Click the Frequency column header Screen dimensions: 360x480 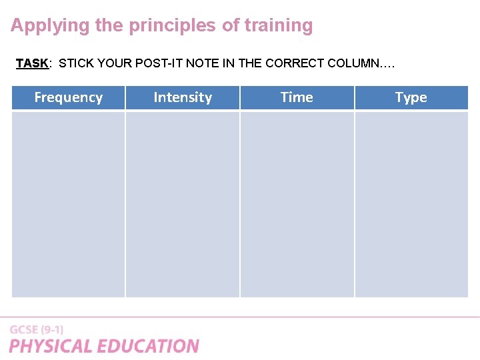click(68, 97)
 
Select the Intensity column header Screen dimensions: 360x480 click(182, 97)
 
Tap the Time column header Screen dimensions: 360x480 click(297, 97)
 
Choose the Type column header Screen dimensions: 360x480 click(411, 97)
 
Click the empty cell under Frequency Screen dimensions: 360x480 click(68, 203)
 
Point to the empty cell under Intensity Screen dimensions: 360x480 click(182, 203)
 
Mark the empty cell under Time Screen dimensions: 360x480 click(297, 203)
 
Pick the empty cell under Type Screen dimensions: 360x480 click(411, 203)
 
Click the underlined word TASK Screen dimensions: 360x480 click(31, 63)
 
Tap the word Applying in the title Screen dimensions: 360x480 click(49, 26)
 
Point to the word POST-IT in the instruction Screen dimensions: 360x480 click(160, 63)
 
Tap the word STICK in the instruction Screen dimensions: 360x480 click(75, 63)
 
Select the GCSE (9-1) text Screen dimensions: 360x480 click(37, 329)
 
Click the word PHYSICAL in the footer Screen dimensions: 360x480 click(51, 346)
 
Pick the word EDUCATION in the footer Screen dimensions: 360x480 click(148, 346)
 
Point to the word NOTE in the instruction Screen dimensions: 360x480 click(201, 63)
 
